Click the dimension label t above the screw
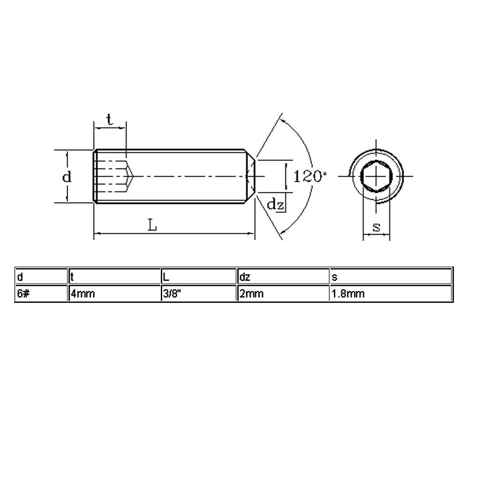(x=110, y=120)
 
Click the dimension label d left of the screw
(x=67, y=177)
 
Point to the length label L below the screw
(x=152, y=225)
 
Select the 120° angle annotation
(x=310, y=177)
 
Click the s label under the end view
(x=376, y=227)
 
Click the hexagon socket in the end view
(x=376, y=177)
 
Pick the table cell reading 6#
(x=42, y=293)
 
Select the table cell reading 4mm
(x=115, y=293)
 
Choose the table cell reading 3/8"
(x=199, y=293)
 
